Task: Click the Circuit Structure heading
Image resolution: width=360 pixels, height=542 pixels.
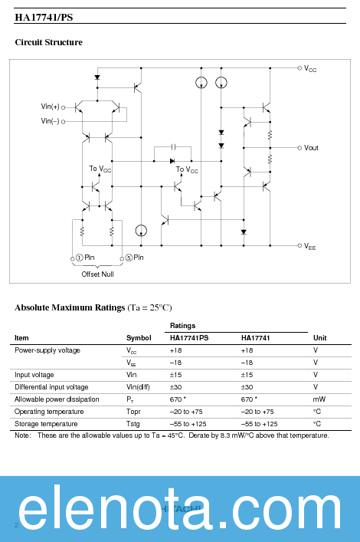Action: point(49,42)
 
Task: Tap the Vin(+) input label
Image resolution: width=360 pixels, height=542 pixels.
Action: point(50,107)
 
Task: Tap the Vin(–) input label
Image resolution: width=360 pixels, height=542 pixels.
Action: point(50,121)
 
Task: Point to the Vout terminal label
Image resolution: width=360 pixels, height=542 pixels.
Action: point(311,148)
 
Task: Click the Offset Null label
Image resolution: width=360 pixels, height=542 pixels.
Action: point(97,274)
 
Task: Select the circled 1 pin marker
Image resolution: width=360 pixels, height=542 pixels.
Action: point(79,258)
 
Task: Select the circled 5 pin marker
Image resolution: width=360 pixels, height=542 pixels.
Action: point(129,258)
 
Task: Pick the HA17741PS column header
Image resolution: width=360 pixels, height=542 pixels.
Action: point(189,338)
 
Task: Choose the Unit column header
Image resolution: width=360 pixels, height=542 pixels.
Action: point(319,338)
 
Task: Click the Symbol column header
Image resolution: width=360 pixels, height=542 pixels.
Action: point(139,338)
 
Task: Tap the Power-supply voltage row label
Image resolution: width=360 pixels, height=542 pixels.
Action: point(47,350)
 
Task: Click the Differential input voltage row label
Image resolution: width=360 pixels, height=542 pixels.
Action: point(51,387)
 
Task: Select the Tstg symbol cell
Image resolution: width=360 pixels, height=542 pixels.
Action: point(133,424)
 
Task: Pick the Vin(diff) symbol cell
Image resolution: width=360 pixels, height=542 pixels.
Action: point(139,387)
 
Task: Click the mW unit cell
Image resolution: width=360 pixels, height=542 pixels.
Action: point(319,399)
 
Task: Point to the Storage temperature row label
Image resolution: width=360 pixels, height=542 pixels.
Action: point(46,424)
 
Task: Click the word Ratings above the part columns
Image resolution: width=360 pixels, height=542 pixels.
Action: point(182,326)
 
